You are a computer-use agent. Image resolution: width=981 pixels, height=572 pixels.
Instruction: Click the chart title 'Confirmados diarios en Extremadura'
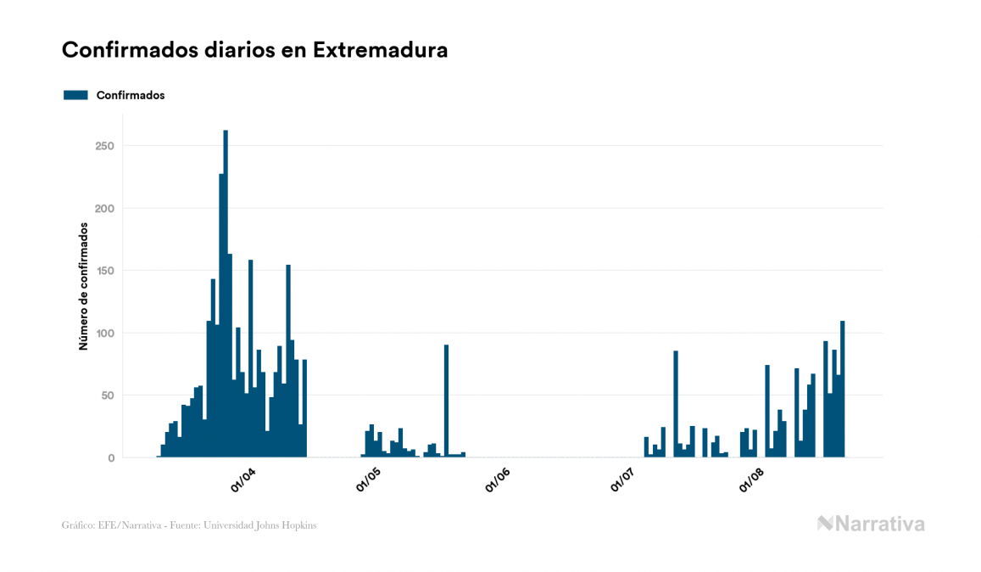point(254,50)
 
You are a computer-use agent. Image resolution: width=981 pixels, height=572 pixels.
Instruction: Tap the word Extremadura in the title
point(380,50)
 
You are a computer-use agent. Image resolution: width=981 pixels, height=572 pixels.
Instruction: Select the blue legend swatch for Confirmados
point(75,95)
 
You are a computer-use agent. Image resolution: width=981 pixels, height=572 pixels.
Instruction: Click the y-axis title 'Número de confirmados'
point(83,286)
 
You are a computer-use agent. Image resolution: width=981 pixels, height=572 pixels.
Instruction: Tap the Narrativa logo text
point(879,524)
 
